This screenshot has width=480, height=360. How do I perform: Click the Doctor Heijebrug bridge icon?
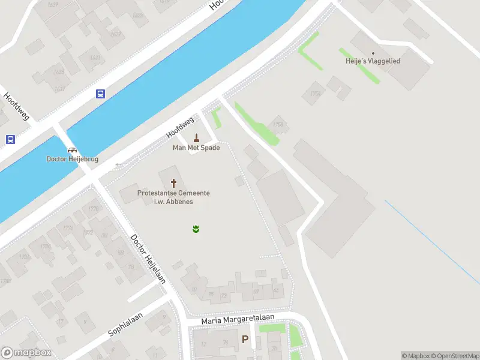point(73,150)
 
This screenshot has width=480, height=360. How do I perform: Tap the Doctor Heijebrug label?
point(73,159)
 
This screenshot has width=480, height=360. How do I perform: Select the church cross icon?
point(174,182)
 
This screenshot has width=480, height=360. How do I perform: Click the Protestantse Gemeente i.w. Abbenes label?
point(173,197)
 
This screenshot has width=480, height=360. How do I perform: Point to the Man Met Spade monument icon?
point(196,138)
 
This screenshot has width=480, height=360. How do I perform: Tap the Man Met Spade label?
point(196,148)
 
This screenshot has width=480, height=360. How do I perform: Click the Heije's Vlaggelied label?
point(373,61)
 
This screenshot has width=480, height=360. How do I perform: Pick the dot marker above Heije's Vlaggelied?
point(373,53)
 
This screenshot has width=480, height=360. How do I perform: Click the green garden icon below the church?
point(196,229)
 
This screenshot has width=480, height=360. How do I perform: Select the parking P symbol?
point(245,340)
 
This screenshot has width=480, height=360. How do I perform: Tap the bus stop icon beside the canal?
point(100,94)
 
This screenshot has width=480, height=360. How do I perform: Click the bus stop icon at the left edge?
point(10,140)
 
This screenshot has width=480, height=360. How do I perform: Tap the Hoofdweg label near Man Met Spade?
point(180,127)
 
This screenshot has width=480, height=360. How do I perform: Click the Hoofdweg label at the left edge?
point(16,106)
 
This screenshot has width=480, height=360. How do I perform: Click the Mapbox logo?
point(26,353)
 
